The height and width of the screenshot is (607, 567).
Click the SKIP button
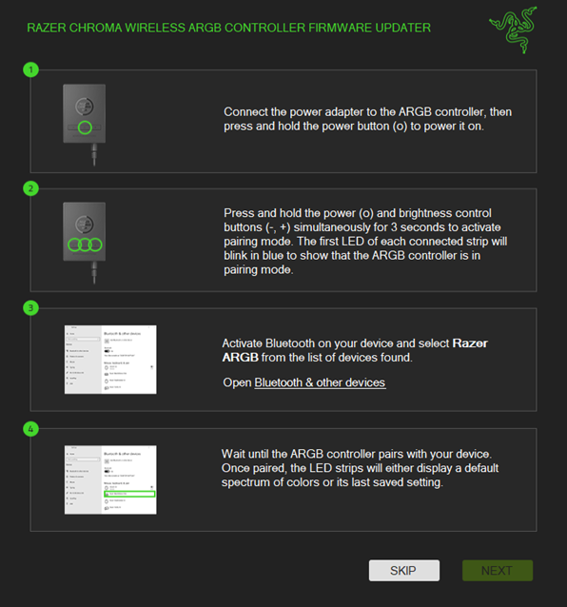[404, 570]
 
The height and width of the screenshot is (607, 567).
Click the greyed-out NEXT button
[497, 570]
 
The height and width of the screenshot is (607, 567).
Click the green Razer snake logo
[512, 29]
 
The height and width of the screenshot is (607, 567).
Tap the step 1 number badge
[31, 69]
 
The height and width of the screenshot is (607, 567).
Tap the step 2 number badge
[31, 188]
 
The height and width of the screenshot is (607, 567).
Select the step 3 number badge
[31, 308]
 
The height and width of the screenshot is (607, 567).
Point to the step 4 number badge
[31, 428]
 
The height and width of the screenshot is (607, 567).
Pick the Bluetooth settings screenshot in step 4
[110, 479]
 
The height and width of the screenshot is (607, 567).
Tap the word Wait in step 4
[235, 454]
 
